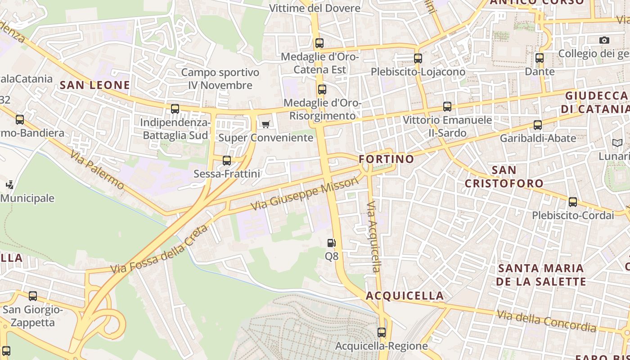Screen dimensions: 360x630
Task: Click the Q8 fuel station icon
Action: tap(331, 243)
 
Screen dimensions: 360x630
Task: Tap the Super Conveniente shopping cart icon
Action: tap(266, 124)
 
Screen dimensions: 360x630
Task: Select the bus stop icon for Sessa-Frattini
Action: tap(227, 160)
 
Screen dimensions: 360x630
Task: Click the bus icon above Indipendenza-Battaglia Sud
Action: tap(175, 109)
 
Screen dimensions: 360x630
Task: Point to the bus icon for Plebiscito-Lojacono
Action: tap(418, 58)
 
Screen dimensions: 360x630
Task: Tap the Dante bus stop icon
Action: tap(540, 58)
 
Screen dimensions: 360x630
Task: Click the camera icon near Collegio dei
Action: tap(604, 40)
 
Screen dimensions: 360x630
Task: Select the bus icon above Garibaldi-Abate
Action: tap(538, 125)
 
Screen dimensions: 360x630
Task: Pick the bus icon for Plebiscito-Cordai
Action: tap(573, 202)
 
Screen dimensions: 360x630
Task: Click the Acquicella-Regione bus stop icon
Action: tap(382, 333)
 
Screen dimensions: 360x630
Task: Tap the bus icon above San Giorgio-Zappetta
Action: tap(33, 296)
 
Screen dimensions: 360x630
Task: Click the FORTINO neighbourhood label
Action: tap(387, 159)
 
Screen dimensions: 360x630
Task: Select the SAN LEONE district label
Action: tap(95, 85)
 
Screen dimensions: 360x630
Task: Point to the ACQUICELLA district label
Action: tap(405, 296)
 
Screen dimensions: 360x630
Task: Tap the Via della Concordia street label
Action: tap(546, 321)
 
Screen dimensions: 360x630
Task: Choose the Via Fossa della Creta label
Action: tap(159, 249)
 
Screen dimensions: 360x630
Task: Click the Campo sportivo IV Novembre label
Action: tap(220, 79)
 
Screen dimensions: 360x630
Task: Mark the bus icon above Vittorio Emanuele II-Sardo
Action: tap(447, 107)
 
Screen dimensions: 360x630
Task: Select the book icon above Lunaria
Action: tap(617, 143)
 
